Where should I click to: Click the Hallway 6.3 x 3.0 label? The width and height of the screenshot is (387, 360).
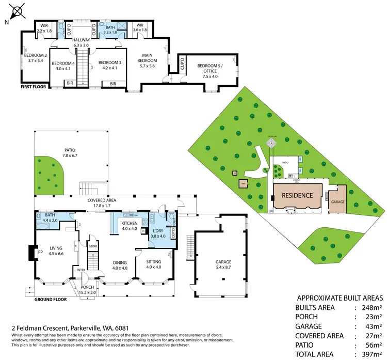tap(82, 42)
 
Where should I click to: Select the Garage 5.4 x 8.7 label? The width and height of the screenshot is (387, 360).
tap(223, 264)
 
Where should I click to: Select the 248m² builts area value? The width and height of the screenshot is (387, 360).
tap(371, 307)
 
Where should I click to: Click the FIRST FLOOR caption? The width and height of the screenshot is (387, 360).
tap(33, 87)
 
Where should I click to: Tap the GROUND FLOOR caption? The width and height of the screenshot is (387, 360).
tap(51, 300)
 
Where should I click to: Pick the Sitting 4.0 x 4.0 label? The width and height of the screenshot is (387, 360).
tap(154, 264)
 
